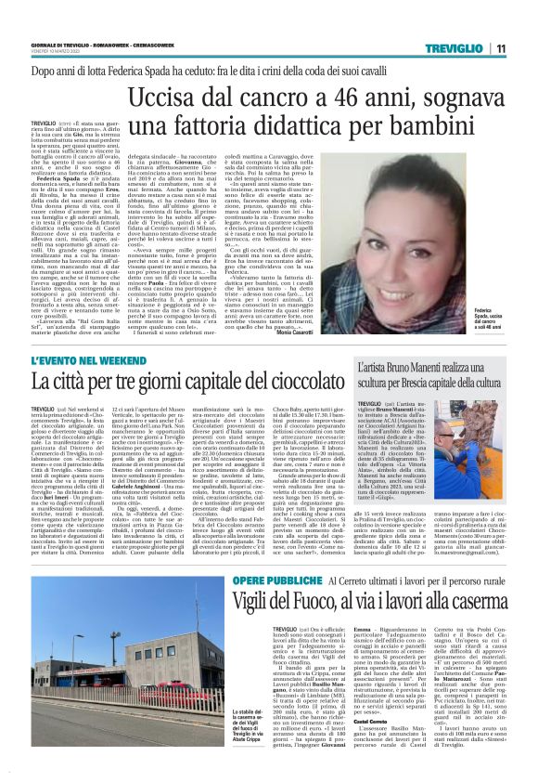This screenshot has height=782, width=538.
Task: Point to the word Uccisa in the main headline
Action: click(x=167, y=99)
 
